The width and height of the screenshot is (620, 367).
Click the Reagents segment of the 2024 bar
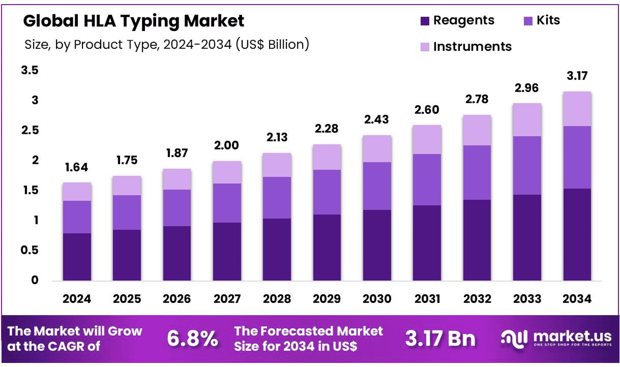77,257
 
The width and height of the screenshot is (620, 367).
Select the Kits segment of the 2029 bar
327,192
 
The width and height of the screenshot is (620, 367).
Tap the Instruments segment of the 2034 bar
577,109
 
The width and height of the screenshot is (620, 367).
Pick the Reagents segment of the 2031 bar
427,243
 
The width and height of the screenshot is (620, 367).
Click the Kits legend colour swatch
527,21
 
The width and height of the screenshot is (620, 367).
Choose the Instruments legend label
473,47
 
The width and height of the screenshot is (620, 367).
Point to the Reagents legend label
464,20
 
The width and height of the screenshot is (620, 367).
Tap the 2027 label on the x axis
227,299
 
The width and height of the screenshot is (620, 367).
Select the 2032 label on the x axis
477,299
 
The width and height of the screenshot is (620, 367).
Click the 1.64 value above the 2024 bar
77,167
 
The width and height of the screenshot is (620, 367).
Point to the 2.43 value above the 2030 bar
377,119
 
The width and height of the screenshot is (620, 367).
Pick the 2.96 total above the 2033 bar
527,88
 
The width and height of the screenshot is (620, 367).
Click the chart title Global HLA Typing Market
134,21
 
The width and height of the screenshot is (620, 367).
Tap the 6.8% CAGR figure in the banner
193,339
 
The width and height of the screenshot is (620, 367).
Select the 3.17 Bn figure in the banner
440,339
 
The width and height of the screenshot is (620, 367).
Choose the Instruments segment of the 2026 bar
177,179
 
